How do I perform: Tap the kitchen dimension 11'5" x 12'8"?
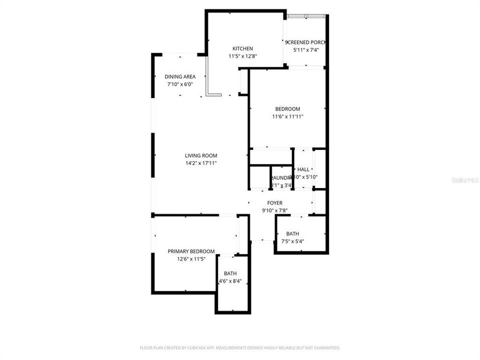click(242, 56)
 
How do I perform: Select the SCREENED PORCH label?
click(305, 42)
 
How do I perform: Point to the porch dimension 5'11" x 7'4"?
click(305, 50)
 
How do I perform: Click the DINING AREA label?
click(180, 76)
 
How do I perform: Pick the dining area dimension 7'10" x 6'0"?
click(180, 84)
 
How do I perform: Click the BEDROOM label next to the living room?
click(287, 109)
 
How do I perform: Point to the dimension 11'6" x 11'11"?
click(287, 116)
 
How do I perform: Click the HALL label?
click(303, 169)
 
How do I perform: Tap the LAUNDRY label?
click(281, 178)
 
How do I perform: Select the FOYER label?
click(274, 203)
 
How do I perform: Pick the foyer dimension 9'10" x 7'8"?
click(274, 210)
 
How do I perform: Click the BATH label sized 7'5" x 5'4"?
click(292, 233)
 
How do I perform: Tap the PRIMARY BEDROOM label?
click(191, 251)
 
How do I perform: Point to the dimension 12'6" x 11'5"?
click(191, 259)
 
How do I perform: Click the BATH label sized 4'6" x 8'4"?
click(230, 273)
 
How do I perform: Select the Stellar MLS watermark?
click(465, 179)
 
